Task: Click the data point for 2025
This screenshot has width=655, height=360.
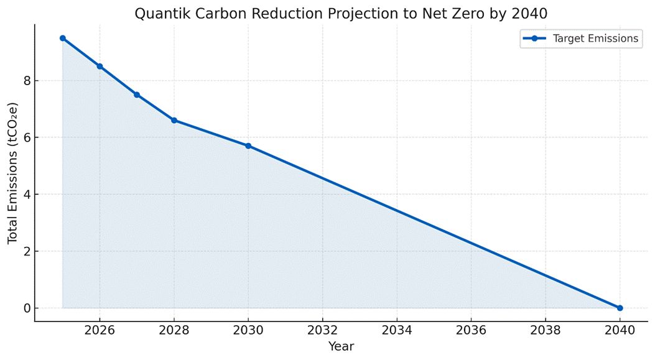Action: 62,38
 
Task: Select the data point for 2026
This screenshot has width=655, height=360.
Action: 100,67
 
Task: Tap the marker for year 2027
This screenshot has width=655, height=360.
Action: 137,95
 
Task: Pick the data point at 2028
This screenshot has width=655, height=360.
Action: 174,120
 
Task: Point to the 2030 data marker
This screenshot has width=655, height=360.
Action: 248,145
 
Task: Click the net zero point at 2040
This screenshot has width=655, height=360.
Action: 620,308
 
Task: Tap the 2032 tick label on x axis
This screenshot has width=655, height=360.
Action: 322,330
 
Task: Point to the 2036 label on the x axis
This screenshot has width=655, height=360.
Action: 471,330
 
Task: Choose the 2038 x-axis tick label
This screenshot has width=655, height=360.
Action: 546,330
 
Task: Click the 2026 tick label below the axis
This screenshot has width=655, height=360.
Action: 100,330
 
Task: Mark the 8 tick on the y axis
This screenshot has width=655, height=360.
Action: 26,81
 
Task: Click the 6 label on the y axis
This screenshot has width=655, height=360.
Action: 26,137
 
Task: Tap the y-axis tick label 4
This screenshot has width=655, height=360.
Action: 26,195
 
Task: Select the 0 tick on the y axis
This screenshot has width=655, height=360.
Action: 26,308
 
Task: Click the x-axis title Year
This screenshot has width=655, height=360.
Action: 341,346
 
